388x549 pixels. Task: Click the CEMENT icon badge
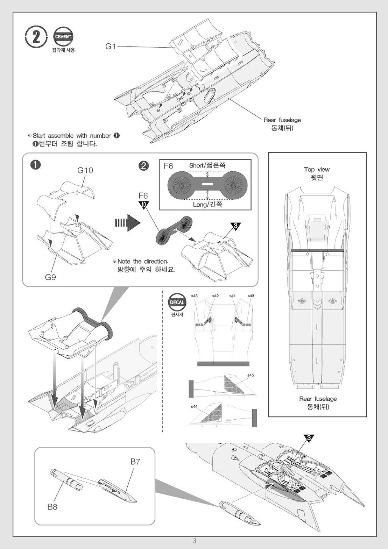point(63,36)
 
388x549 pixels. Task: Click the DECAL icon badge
point(177,302)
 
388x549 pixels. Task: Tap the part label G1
point(110,47)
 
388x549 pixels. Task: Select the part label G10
point(85,170)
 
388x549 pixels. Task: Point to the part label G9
point(50,277)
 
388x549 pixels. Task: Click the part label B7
point(135,461)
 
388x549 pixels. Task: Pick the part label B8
point(52,507)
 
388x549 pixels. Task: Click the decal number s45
point(250,375)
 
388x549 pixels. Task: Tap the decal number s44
point(194,406)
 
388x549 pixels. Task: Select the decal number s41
point(232,296)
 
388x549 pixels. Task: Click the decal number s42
point(215,296)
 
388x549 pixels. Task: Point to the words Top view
point(317,169)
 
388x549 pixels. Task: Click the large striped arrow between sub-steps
point(128,223)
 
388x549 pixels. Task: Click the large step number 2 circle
point(36,37)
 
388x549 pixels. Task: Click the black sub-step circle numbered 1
point(36,165)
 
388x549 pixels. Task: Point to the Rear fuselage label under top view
point(318,399)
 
